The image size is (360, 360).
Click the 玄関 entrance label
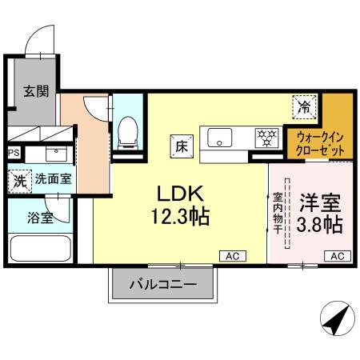(x=35, y=91)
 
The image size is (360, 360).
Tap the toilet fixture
(x=127, y=130)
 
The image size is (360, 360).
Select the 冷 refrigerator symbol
(x=304, y=104)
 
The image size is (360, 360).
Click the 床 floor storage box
(x=181, y=146)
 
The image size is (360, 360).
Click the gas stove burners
(x=266, y=137)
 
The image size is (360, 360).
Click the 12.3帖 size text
(x=182, y=216)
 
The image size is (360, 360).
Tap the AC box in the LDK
(x=233, y=256)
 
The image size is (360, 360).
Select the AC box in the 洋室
(x=337, y=256)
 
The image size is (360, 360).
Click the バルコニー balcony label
(x=163, y=284)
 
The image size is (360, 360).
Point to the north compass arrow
(x=335, y=320)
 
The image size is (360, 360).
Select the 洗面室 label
(x=52, y=179)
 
